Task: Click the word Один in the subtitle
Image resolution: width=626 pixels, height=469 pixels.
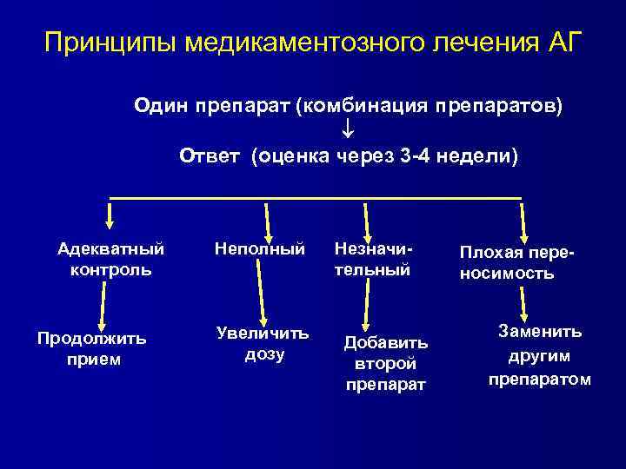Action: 159,106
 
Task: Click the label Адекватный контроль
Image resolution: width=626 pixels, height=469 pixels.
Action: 110,259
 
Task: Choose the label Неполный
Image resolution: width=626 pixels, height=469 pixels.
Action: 260,249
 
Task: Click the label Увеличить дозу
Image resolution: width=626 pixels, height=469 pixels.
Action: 264,344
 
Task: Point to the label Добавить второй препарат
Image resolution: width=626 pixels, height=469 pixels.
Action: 385,361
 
